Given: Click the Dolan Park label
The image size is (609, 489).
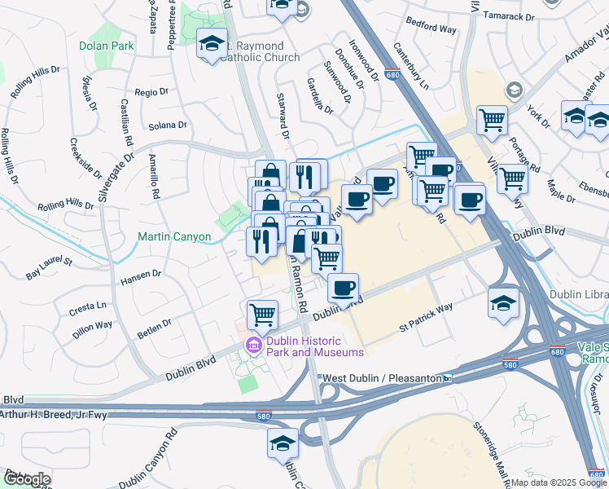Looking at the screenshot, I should click(107, 46).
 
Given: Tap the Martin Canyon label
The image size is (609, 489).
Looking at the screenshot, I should click(173, 237).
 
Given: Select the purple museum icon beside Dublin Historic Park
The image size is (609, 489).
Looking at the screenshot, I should click(253, 346).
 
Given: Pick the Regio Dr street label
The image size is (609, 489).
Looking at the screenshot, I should click(151, 93).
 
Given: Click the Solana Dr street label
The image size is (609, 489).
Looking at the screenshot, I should click(168, 126).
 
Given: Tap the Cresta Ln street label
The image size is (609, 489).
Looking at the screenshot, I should click(89, 307).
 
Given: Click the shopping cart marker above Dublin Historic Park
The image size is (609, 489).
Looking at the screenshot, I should click(262, 314).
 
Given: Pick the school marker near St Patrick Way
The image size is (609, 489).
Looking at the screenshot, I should click(503, 302).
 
